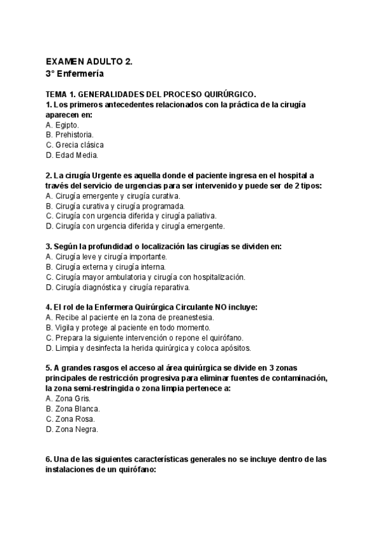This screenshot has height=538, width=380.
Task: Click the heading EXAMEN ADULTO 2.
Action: pos(89,62)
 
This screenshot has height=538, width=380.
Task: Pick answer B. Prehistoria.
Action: pos(70,134)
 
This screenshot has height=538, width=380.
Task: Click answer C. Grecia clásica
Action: pos(75,145)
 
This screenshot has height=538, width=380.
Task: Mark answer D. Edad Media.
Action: pos(72,155)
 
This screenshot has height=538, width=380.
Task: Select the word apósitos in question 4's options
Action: pos(237,348)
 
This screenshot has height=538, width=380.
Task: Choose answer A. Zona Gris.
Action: pos(68,398)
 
